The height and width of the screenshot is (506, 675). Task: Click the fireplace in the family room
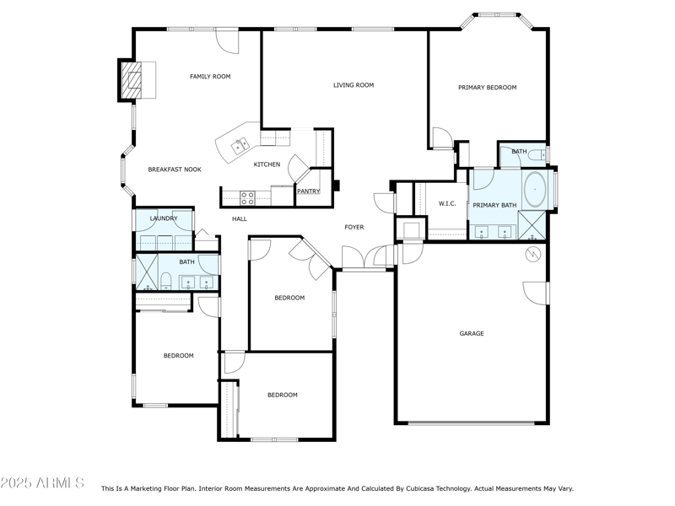(x=131, y=81)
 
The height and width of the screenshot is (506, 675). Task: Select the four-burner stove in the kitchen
(x=248, y=198)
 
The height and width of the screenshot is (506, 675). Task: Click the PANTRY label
(x=308, y=191)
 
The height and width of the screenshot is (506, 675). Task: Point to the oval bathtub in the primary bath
(x=535, y=189)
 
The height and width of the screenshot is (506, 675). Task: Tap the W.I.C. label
(x=447, y=204)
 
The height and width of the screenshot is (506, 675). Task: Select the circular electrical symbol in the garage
(x=532, y=254)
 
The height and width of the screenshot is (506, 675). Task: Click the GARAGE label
(x=471, y=334)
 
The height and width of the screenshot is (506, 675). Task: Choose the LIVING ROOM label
(x=353, y=85)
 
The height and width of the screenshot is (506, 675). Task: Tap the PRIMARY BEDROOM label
(x=487, y=88)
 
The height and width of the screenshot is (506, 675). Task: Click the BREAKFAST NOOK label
(x=175, y=170)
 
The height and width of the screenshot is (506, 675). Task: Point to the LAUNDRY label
(x=164, y=219)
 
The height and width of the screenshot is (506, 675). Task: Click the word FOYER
(x=354, y=228)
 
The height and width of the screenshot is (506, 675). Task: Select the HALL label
(x=240, y=219)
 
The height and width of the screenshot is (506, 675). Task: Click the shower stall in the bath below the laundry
(x=147, y=272)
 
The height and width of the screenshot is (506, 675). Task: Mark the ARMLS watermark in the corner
(x=42, y=483)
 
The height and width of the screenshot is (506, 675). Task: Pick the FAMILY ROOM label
(x=210, y=77)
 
